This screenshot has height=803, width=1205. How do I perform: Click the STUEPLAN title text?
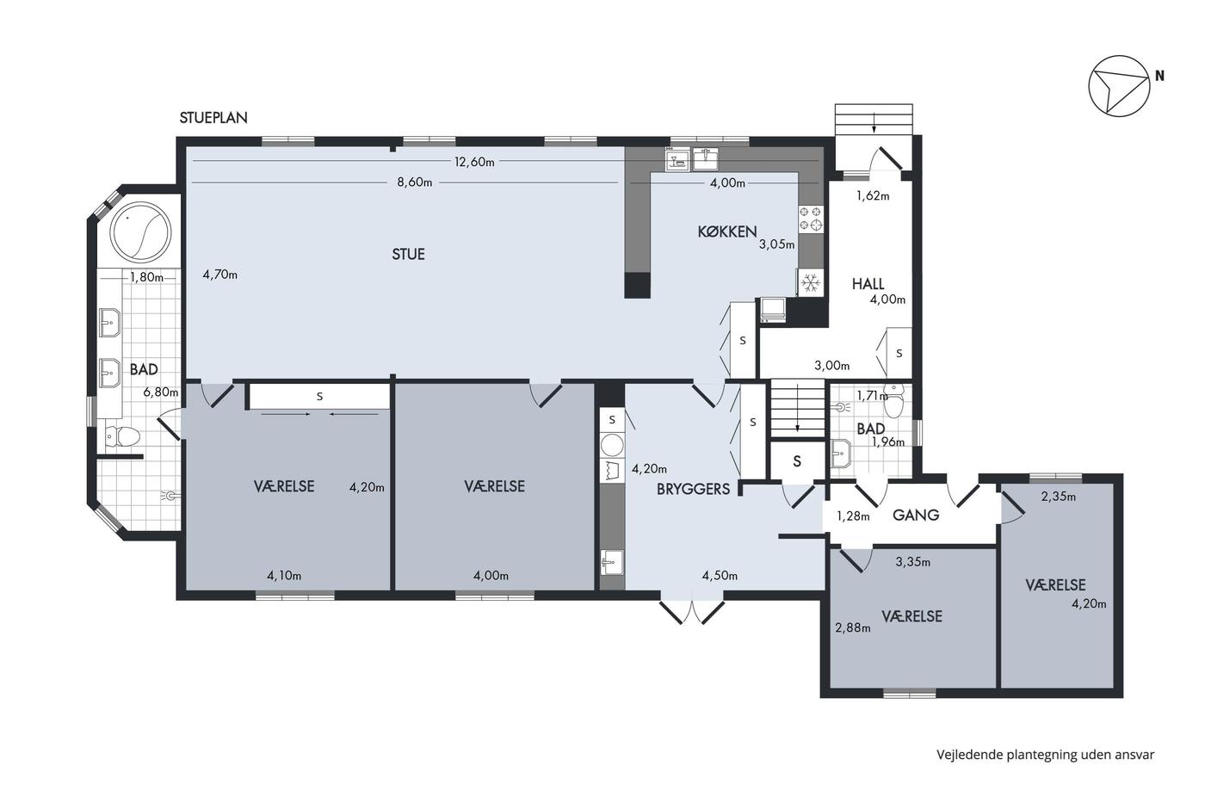[213, 118]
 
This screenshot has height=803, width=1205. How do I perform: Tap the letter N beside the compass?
[1160, 77]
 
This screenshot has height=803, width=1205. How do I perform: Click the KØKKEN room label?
[727, 232]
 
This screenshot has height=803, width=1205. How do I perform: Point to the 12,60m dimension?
[474, 162]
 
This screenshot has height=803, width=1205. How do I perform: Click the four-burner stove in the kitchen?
[811, 219]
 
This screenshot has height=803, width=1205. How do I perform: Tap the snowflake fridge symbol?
[810, 282]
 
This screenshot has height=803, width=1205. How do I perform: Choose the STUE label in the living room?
[408, 254]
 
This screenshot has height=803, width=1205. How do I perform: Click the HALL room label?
[868, 283]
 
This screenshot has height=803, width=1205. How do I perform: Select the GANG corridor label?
[916, 516]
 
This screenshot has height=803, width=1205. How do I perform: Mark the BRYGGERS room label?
[694, 489]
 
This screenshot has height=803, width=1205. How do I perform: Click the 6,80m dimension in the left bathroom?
[161, 392]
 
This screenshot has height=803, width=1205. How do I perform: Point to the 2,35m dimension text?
[1059, 497]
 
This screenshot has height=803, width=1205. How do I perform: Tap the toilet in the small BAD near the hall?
[894, 402]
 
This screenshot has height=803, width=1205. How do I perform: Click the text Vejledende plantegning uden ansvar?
[1046, 755]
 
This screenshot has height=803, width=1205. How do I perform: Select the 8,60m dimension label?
[415, 182]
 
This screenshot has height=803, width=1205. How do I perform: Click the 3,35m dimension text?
[913, 563]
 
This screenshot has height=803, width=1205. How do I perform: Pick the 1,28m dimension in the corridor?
[853, 517]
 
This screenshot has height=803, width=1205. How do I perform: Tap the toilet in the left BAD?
[122, 436]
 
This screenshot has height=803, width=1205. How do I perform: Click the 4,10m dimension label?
[284, 576]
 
